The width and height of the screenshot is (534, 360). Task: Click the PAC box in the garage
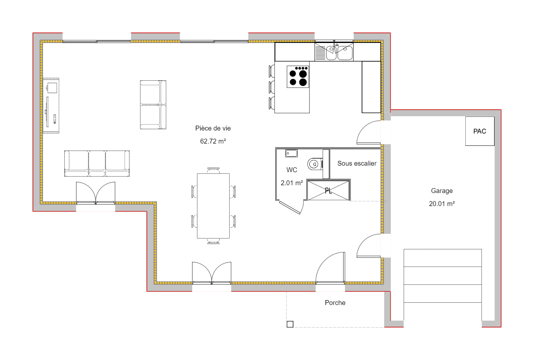coord(480,131)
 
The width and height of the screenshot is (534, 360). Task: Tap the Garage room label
coord(442,191)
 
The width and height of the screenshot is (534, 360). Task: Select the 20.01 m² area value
coord(442,204)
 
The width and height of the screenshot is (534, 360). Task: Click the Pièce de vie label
coord(213,128)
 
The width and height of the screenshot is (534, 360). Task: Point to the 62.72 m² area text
coord(213,141)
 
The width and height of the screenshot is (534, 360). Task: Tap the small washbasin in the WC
coord(291,153)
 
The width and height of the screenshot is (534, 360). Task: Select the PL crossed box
coord(328,190)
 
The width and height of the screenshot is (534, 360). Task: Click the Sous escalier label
coord(357,163)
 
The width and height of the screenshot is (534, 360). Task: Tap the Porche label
coord(335,303)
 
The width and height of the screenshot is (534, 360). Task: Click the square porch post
coord(290,324)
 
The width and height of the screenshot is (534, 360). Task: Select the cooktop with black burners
coord(298,77)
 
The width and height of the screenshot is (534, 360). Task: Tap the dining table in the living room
coord(213,206)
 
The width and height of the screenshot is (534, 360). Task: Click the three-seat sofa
coord(97,163)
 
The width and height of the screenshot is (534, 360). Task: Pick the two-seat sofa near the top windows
coord(153,105)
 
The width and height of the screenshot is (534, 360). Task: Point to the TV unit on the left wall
coord(51,105)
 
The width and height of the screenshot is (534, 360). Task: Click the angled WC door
coord(290,208)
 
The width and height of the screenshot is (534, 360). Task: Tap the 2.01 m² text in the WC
coord(292,183)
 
